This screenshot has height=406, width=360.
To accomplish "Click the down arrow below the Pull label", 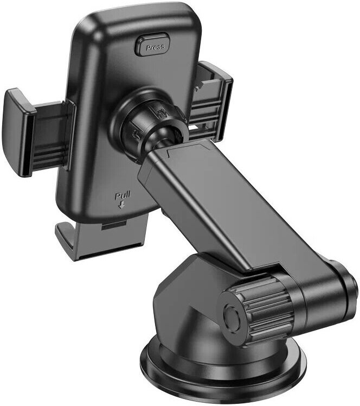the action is click(121, 205).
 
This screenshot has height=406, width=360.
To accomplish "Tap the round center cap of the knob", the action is click(232, 318).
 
